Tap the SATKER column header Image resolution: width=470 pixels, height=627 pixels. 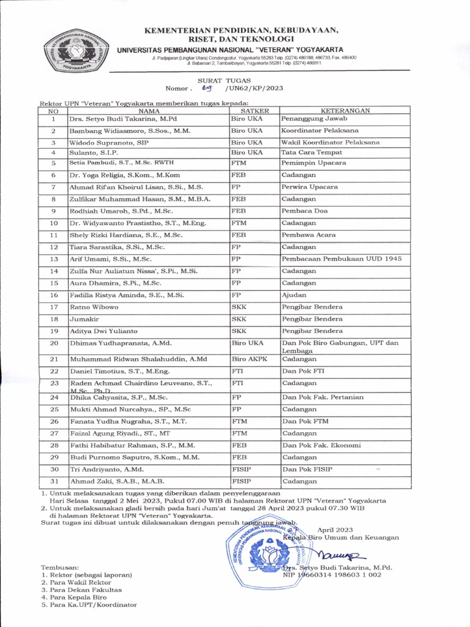[x=254, y=111]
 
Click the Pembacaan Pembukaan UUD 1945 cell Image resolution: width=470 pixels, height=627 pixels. [x=341, y=259]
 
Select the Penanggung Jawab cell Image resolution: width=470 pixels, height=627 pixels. [x=314, y=118]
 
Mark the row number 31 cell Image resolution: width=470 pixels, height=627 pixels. [x=54, y=481]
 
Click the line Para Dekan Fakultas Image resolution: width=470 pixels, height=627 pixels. [x=81, y=590]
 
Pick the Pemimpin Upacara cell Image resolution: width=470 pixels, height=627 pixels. [x=313, y=163]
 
